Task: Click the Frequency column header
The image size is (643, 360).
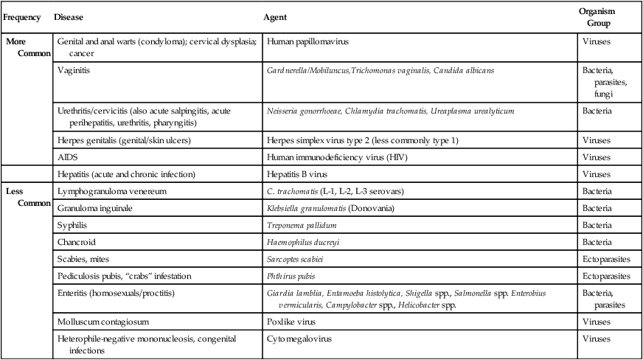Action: coord(22,16)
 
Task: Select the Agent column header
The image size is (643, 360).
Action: coord(275,16)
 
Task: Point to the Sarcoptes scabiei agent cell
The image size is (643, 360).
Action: coord(295,259)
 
